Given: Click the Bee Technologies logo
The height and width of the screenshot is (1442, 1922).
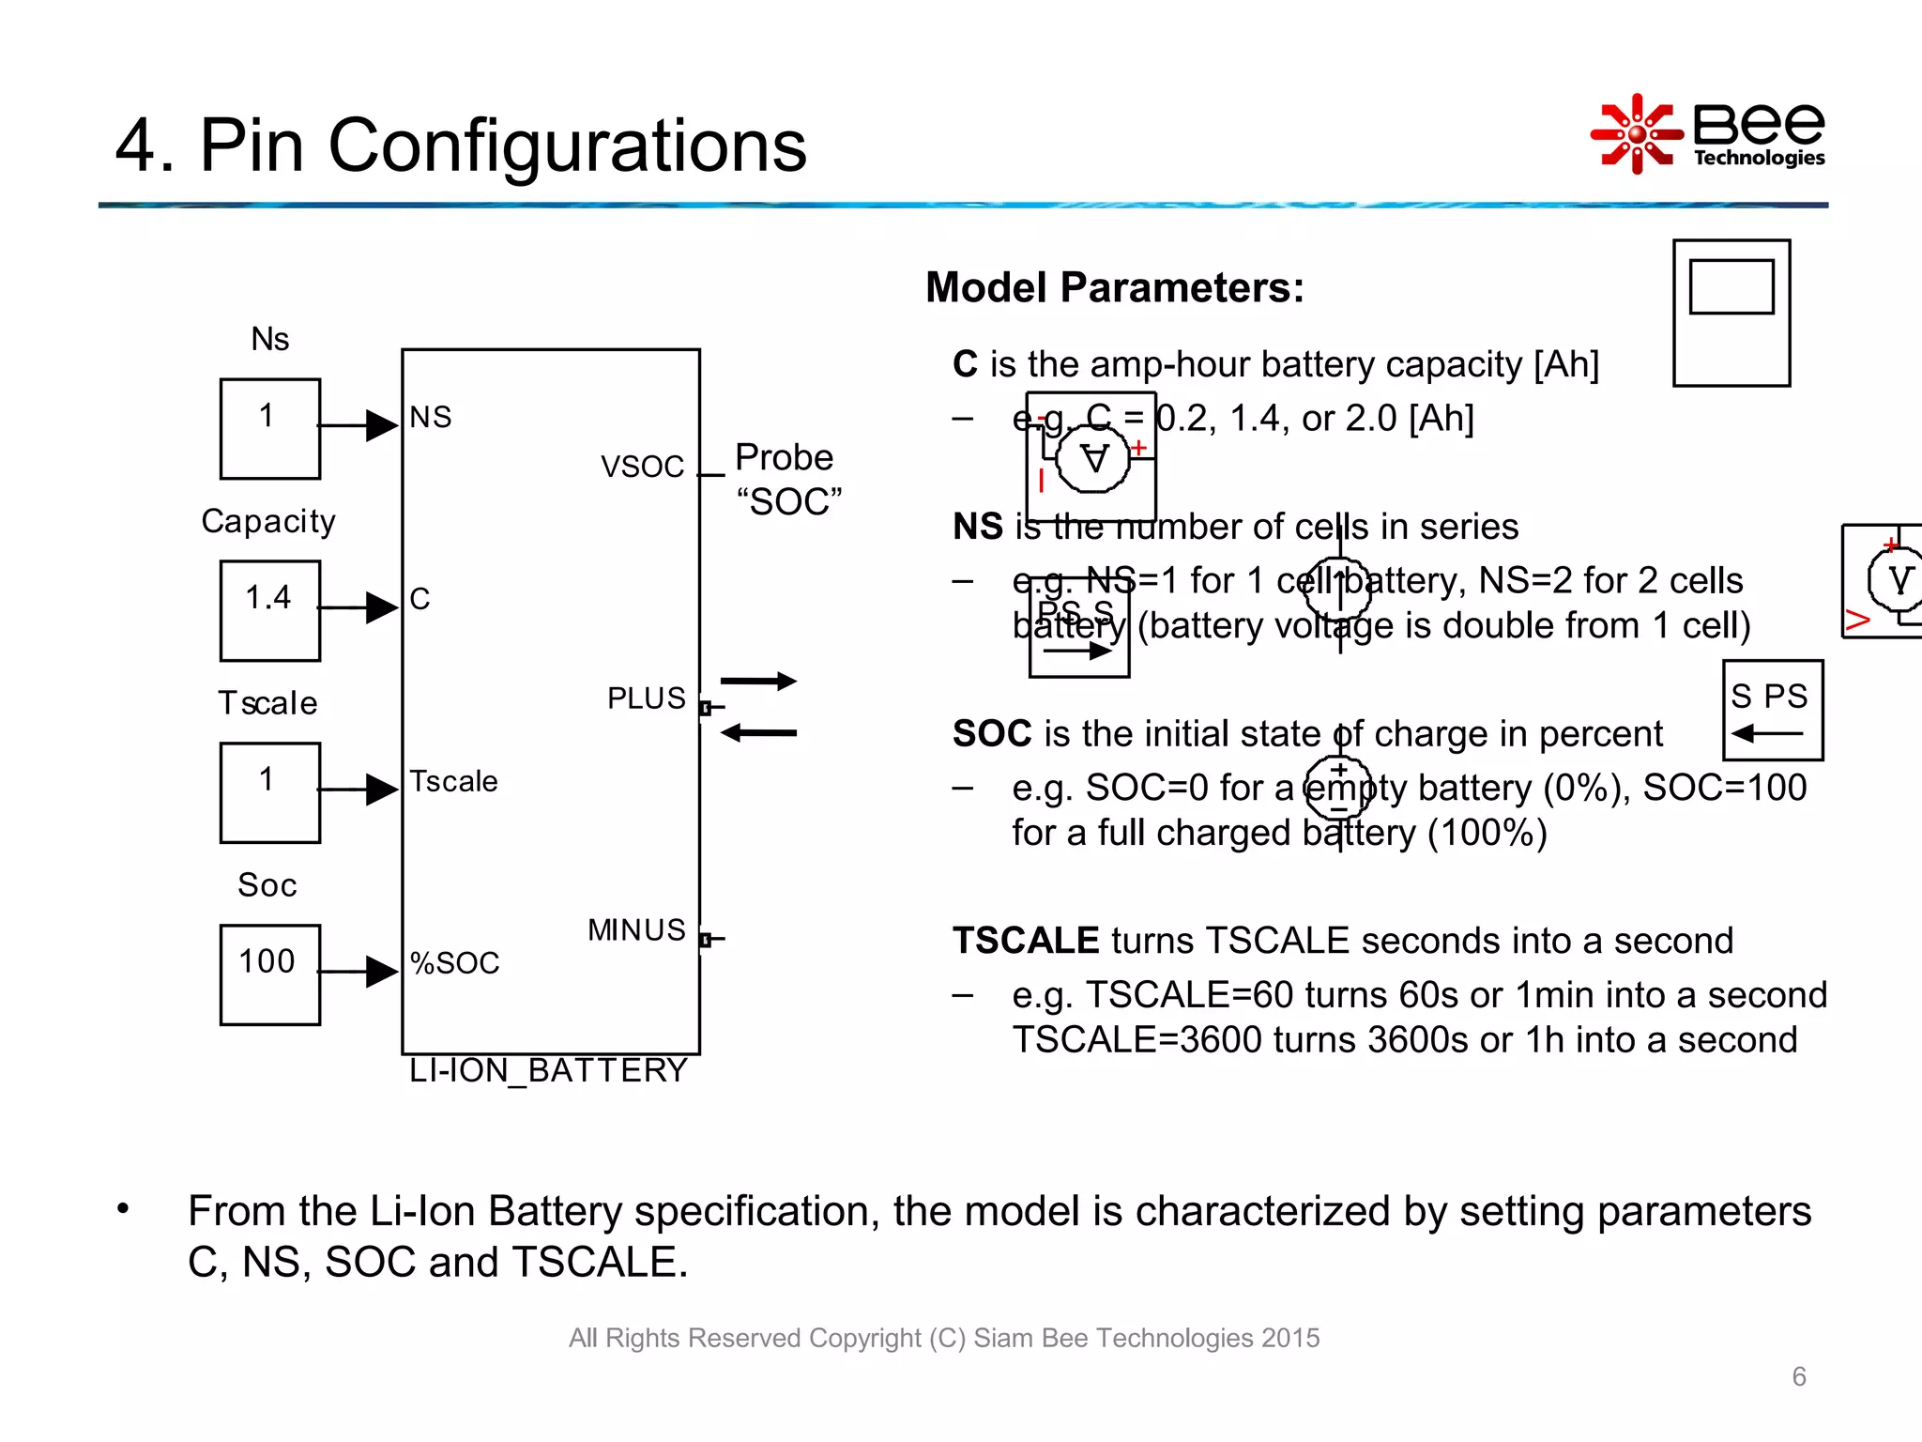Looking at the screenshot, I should point(1708,133).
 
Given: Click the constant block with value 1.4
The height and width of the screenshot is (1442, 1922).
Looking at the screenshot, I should point(269,610).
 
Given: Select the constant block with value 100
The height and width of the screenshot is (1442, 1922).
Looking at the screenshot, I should point(269,974).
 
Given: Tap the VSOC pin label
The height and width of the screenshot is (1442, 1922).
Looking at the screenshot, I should point(642,467).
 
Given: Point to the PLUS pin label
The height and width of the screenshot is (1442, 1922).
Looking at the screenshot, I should point(646,698).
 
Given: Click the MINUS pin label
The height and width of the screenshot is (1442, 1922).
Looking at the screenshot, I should point(636,930).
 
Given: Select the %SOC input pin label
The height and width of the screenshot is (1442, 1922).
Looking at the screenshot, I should point(454,963).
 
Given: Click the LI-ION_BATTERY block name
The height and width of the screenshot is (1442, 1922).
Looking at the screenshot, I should point(549,1070).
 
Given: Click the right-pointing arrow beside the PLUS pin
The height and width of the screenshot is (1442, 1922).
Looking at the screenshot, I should point(758,681).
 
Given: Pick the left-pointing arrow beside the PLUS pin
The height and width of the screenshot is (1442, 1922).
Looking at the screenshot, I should point(758,733).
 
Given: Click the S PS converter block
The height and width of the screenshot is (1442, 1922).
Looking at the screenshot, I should point(1772,710).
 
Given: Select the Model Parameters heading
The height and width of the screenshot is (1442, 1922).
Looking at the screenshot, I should point(1114,287).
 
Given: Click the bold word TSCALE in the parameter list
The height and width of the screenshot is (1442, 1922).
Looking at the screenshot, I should point(1025,941).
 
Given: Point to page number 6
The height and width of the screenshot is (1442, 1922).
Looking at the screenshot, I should point(1798,1376).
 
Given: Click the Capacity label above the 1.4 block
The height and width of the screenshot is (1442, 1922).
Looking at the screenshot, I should point(268,521).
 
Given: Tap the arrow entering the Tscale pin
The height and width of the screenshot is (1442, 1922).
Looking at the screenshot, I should point(358,790).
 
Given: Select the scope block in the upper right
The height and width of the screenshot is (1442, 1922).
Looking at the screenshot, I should point(1731,313).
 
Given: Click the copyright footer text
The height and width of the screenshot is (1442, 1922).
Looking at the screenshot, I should point(943,1338).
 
